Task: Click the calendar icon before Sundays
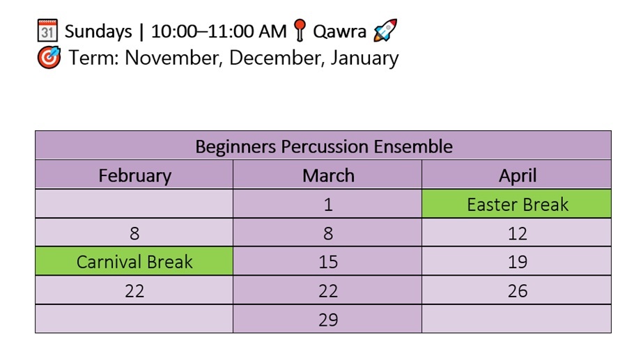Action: coord(47,31)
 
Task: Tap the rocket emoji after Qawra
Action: coord(385,31)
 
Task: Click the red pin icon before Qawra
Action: coord(300,31)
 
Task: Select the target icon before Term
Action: coord(48,57)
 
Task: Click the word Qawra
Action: coord(339,31)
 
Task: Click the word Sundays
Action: coord(98,31)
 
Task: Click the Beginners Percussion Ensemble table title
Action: coord(323,147)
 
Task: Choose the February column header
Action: coord(134,175)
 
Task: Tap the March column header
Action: coord(328,175)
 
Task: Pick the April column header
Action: coord(518,175)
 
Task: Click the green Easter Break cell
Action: coord(518,205)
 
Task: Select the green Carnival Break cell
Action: coord(134,262)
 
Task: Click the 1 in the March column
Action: coord(328,205)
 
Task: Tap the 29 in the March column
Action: coord(328,320)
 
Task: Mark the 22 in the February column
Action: coord(134,290)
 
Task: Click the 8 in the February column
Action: coord(134,233)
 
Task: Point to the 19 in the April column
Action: coord(518,262)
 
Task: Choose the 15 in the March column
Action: coord(328,262)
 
